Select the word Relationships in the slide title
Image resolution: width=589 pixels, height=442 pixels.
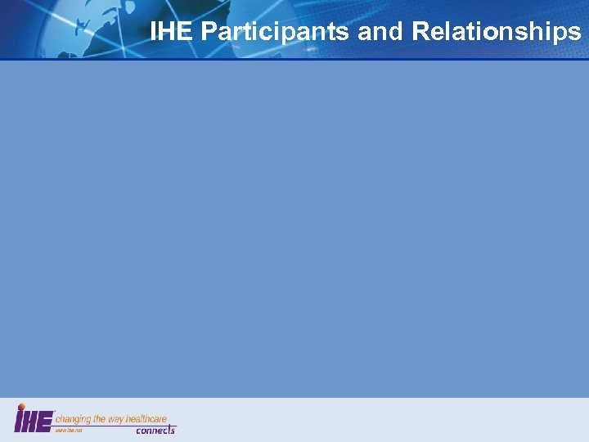pos(496,32)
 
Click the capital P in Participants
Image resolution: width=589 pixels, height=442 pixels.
pos(209,32)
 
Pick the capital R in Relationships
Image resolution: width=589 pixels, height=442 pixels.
pos(420,32)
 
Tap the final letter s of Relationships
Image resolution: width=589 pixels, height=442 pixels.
pos(574,33)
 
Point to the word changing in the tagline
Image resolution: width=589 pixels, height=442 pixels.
pos(74,418)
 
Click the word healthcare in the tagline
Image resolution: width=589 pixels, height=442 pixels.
pos(148,418)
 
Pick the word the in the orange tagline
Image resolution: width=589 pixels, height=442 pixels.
pos(101,418)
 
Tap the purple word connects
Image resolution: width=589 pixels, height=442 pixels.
pos(155,430)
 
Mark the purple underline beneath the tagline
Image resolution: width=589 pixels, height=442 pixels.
pos(115,425)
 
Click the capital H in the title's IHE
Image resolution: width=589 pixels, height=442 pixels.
pos(172,32)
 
